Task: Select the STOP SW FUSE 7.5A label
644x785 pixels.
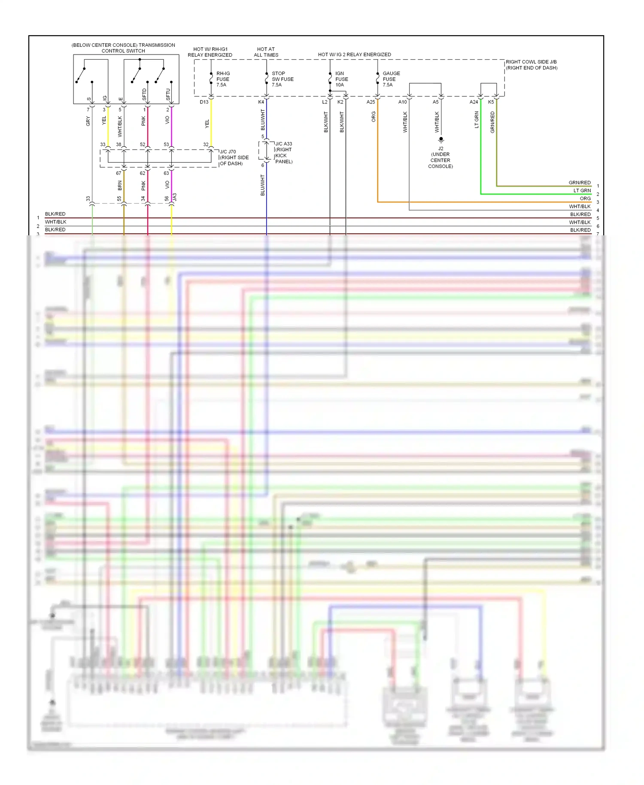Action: click(x=282, y=79)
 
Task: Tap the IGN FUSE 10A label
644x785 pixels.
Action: click(x=341, y=79)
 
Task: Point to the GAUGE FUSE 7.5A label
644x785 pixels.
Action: click(x=391, y=79)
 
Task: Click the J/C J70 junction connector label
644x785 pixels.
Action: click(x=234, y=158)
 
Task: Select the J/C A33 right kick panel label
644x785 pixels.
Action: click(x=283, y=152)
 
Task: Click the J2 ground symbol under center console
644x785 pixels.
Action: click(x=441, y=140)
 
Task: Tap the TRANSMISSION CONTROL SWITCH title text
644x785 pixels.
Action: click(x=123, y=48)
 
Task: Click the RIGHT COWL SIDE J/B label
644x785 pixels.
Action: click(x=531, y=65)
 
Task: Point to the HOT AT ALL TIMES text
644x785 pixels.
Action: click(x=266, y=52)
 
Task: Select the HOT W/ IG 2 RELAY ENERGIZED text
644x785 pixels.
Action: click(x=354, y=55)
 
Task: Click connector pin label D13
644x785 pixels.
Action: click(x=204, y=102)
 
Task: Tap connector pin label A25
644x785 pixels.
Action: click(x=371, y=102)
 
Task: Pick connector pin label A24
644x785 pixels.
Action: click(x=474, y=102)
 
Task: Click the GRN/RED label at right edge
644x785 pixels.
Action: click(x=579, y=183)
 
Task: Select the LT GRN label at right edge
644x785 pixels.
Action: click(x=582, y=190)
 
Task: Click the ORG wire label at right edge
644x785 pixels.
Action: click(x=585, y=198)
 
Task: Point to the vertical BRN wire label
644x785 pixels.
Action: click(x=120, y=186)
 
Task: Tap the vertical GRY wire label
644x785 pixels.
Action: click(x=88, y=121)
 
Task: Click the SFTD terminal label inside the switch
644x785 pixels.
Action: click(x=144, y=94)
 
